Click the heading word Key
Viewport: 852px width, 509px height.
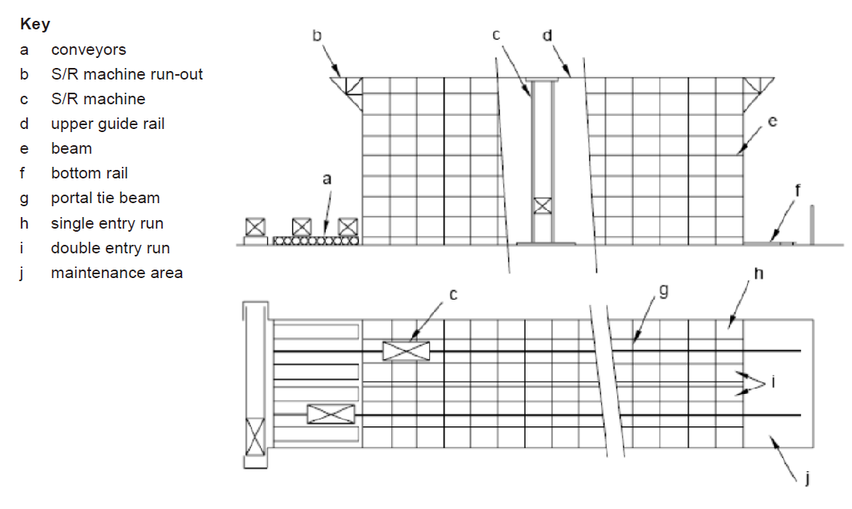[35, 24]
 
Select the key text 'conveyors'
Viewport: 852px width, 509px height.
[89, 49]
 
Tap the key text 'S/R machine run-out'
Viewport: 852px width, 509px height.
[127, 74]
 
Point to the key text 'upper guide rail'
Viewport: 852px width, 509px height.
[108, 124]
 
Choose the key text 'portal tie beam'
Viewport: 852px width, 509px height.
[106, 198]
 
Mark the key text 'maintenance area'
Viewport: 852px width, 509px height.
[117, 272]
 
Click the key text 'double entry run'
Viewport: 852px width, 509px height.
[110, 248]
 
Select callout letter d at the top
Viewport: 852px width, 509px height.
[547, 35]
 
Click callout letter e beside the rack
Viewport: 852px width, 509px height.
[773, 121]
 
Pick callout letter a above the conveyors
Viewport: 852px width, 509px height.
[326, 179]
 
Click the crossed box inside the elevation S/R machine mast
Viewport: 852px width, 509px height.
[543, 206]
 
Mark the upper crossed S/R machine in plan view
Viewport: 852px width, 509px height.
[407, 351]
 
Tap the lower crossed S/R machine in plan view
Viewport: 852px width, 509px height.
[330, 414]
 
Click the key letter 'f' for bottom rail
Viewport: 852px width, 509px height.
[25, 173]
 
